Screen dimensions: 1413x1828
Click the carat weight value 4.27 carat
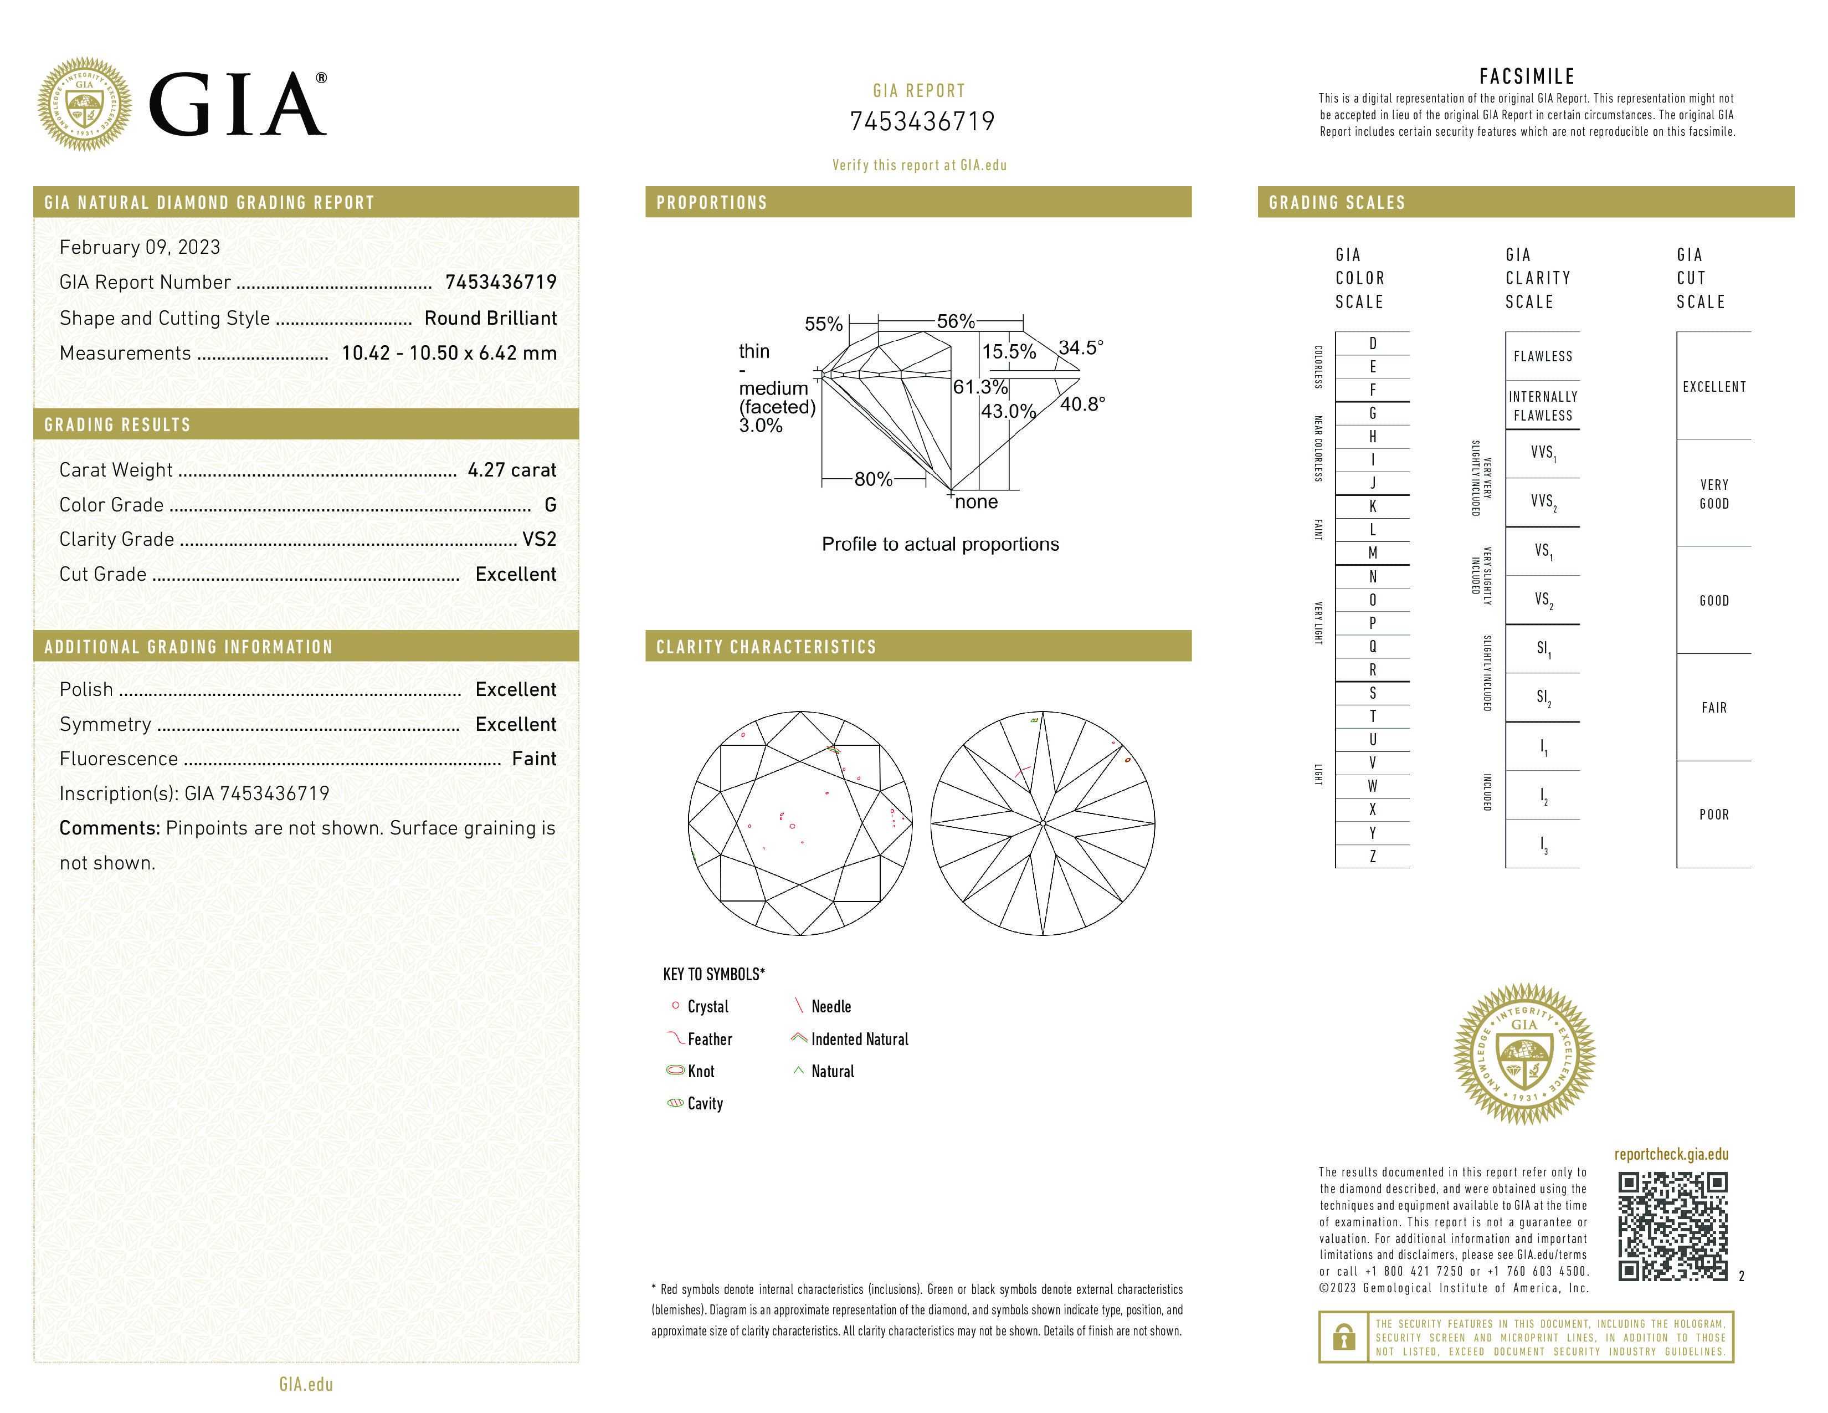pyautogui.click(x=511, y=470)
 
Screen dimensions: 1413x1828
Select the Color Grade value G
pyautogui.click(x=550, y=505)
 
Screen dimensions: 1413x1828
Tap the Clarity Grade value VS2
pyautogui.click(x=539, y=540)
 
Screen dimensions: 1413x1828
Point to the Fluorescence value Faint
pyautogui.click(x=534, y=759)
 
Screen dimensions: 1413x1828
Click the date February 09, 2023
pyautogui.click(x=140, y=248)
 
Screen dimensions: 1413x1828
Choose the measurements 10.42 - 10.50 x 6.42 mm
pyautogui.click(x=449, y=354)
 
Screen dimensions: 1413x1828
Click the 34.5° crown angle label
pyautogui.click(x=1081, y=347)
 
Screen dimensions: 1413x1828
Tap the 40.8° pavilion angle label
pyautogui.click(x=1082, y=405)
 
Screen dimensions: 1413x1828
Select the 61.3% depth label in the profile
pyautogui.click(x=980, y=387)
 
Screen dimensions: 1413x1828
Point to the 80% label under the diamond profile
pyautogui.click(x=873, y=480)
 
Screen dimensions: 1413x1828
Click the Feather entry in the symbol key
pyautogui.click(x=709, y=1040)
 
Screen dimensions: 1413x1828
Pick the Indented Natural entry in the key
pyautogui.click(x=859, y=1040)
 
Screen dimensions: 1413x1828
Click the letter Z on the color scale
pyautogui.click(x=1373, y=856)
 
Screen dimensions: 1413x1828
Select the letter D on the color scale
pyautogui.click(x=1373, y=343)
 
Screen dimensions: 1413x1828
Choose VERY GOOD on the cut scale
pyautogui.click(x=1713, y=494)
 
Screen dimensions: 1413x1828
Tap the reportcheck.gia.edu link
pyautogui.click(x=1671, y=1154)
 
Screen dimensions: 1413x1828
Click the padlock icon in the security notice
pyautogui.click(x=1343, y=1337)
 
